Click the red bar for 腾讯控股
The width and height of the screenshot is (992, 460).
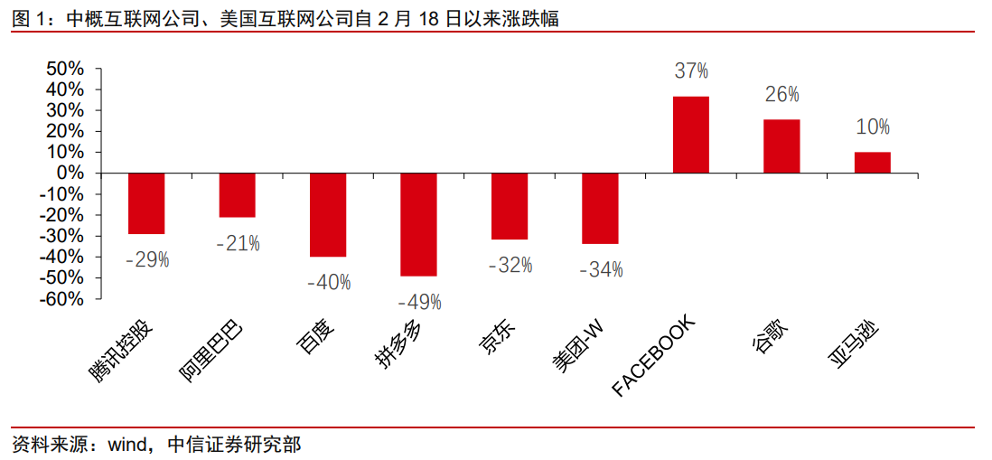[146, 203]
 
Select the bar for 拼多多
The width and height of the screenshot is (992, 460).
[418, 224]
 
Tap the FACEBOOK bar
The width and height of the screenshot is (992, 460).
[691, 135]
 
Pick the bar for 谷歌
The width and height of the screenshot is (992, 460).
[781, 146]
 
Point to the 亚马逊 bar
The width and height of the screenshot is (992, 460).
[873, 163]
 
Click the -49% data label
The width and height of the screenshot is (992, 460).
[419, 302]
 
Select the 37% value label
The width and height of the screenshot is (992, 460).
[691, 70]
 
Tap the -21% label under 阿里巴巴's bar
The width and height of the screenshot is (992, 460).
[238, 243]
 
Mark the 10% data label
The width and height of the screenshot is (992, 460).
[873, 127]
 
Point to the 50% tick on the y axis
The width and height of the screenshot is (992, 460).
[64, 70]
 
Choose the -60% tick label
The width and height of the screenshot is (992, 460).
[61, 299]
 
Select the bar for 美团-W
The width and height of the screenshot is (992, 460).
[600, 209]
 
